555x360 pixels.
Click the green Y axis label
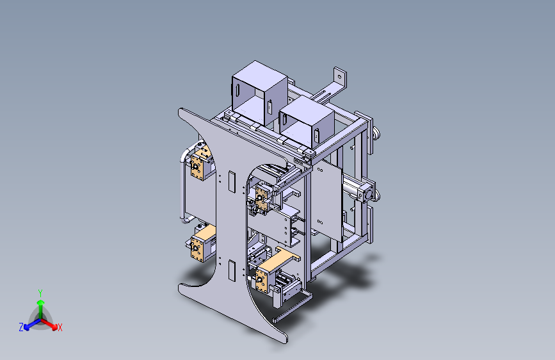click(40, 293)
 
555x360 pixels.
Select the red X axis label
click(60, 327)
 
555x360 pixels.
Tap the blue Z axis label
click(21, 327)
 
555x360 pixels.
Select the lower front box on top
click(307, 122)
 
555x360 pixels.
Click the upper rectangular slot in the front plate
click(232, 181)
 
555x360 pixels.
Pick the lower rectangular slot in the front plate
click(232, 270)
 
